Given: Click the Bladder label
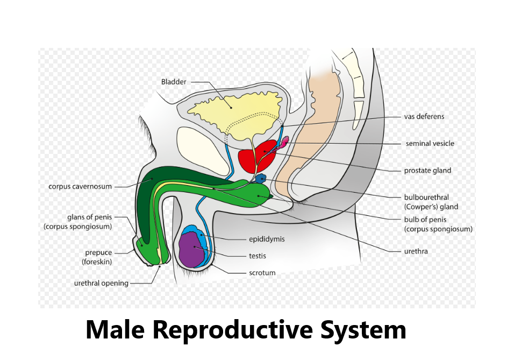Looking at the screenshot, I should pyautogui.click(x=174, y=82).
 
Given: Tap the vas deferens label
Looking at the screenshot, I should pyautogui.click(x=424, y=116).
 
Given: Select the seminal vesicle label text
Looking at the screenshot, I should pyautogui.click(x=430, y=144).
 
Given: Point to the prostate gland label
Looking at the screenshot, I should pyautogui.click(x=427, y=171).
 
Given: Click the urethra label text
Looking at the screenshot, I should pyautogui.click(x=416, y=251).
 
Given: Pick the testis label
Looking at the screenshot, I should pyautogui.click(x=257, y=256).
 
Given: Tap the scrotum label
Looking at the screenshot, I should pyautogui.click(x=262, y=273).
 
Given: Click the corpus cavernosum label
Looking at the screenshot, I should pyautogui.click(x=80, y=187).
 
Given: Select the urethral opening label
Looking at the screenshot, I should pyautogui.click(x=101, y=283).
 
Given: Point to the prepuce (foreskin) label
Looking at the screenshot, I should pyautogui.click(x=98, y=257).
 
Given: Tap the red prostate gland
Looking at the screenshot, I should pyautogui.click(x=255, y=156).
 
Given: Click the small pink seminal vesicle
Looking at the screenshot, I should pyautogui.click(x=284, y=141).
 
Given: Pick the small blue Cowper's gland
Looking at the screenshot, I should pyautogui.click(x=261, y=178).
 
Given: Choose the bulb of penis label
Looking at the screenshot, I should pyautogui.click(x=438, y=224).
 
